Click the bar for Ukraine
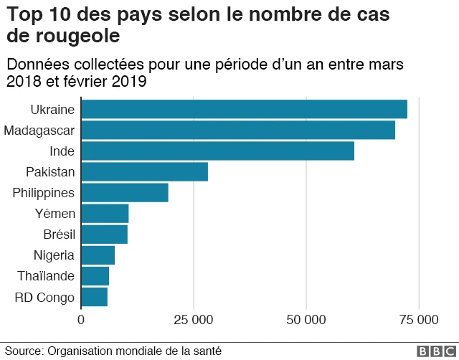[244, 109]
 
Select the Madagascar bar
[238, 130]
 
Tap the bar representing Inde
[217, 151]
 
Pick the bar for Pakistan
[144, 172]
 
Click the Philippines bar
[125, 193]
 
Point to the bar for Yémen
[105, 214]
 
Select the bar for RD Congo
[94, 297]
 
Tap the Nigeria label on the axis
[54, 255]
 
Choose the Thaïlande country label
[48, 276]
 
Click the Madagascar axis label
[39, 131]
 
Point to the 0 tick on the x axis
[81, 319]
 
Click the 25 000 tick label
[194, 319]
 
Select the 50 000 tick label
[306, 319]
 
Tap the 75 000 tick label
[419, 319]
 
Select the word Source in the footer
[23, 351]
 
